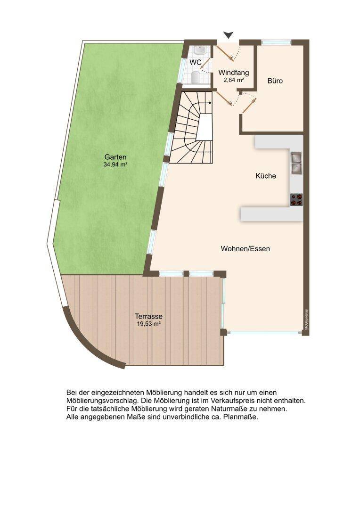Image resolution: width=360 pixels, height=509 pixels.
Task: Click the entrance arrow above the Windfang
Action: pyautogui.click(x=229, y=35)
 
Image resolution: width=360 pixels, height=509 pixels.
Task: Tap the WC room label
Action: pyautogui.click(x=196, y=62)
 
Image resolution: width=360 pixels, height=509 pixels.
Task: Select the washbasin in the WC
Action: pyautogui.click(x=199, y=50)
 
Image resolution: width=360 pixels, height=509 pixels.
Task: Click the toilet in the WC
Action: pyautogui.click(x=196, y=78)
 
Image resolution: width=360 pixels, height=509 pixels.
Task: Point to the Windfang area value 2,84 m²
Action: pyautogui.click(x=234, y=80)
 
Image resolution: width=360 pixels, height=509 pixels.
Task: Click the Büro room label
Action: pyautogui.click(x=275, y=81)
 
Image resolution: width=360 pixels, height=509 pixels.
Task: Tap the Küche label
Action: pyautogui.click(x=266, y=176)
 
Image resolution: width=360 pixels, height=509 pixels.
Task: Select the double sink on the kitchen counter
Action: pyautogui.click(x=296, y=163)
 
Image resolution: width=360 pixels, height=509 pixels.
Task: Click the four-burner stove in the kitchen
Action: pyautogui.click(x=296, y=200)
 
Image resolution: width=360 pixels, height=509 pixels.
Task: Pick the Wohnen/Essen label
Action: pyautogui.click(x=245, y=249)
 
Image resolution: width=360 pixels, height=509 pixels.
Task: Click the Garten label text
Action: pyautogui.click(x=115, y=157)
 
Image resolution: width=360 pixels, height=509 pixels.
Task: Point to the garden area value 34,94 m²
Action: pyautogui.click(x=115, y=164)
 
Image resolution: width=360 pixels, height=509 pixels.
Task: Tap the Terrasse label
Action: pyautogui.click(x=149, y=316)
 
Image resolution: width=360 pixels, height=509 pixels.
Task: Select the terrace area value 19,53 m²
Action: pyautogui.click(x=149, y=324)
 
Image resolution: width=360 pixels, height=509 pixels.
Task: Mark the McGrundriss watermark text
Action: pyautogui.click(x=306, y=320)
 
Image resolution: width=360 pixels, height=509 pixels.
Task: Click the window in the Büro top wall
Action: pyautogui.click(x=276, y=42)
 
